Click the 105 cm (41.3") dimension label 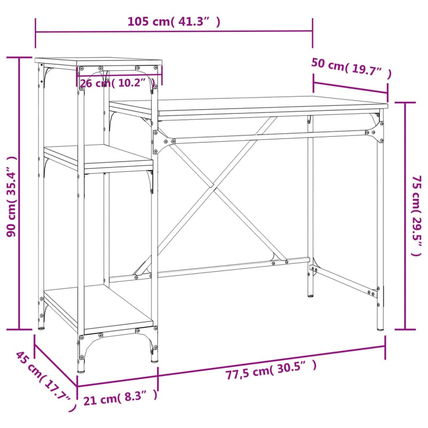[x=173, y=22]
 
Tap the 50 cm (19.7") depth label [x=351, y=68]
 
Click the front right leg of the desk [x=380, y=225]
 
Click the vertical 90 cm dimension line [x=20, y=193]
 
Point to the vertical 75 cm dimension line [x=405, y=214]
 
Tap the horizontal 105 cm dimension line [x=173, y=32]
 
